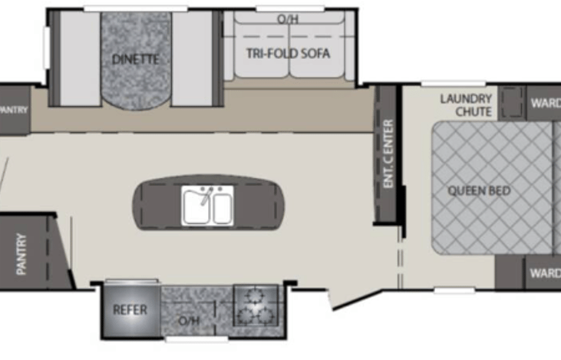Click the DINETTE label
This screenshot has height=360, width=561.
(135, 59)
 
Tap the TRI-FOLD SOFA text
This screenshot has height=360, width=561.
(288, 54)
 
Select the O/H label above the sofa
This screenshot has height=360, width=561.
(288, 19)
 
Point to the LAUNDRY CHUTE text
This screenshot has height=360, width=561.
(466, 105)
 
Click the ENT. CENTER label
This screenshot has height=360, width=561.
(388, 154)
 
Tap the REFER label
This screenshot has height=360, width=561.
(130, 310)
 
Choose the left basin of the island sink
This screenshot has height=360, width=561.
(196, 206)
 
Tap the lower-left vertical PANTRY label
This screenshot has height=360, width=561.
(21, 253)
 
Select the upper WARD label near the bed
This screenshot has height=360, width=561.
(545, 102)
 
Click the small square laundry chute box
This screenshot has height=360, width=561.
(510, 101)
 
